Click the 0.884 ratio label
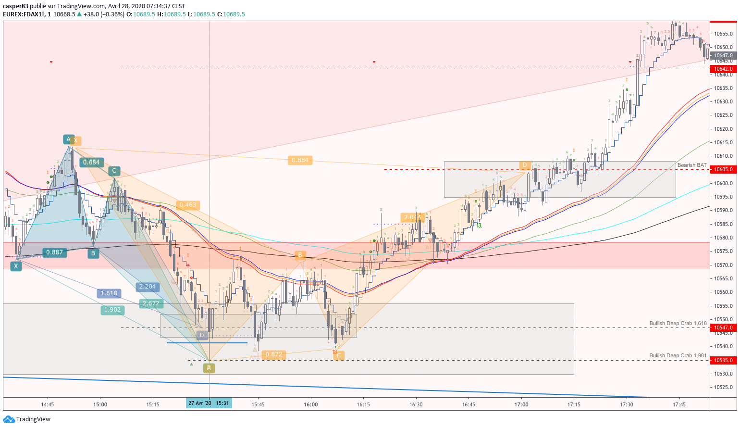(x=300, y=160)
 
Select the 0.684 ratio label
(x=91, y=163)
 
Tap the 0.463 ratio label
(x=187, y=205)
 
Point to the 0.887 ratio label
(x=54, y=252)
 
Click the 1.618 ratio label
(x=109, y=293)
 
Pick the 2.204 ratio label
(x=147, y=287)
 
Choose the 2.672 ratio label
(x=151, y=303)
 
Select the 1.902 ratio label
(x=112, y=310)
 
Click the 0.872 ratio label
(x=274, y=354)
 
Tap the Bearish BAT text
(x=692, y=165)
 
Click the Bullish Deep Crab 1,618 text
(x=678, y=323)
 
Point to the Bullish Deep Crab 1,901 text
(x=678, y=355)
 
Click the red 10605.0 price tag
(x=723, y=169)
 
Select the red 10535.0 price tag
(x=723, y=360)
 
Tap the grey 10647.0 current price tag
(x=723, y=56)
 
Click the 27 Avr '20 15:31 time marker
(x=209, y=403)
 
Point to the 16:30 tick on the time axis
(x=416, y=404)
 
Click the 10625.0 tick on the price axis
(x=723, y=115)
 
